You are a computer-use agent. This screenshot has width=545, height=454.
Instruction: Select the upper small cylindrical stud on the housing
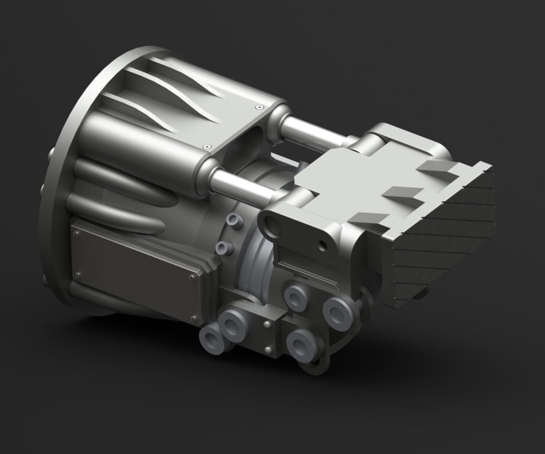point(235,219)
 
